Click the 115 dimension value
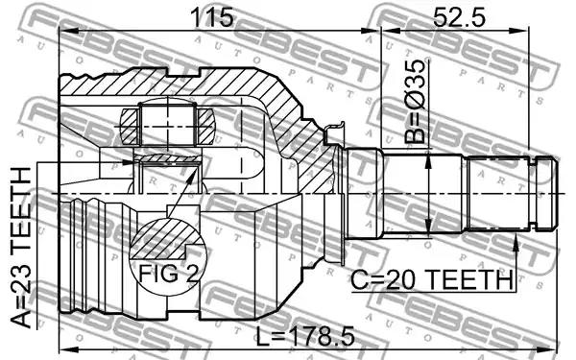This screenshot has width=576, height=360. (213, 17)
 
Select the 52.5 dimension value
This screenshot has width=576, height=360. (459, 17)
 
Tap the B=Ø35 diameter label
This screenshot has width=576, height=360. (415, 101)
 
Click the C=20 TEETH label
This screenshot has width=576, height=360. (432, 280)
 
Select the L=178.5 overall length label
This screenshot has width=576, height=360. (305, 337)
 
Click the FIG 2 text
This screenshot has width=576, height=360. (169, 274)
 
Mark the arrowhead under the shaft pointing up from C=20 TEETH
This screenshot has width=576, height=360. (516, 243)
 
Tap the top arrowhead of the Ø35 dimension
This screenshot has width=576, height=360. (428, 162)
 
